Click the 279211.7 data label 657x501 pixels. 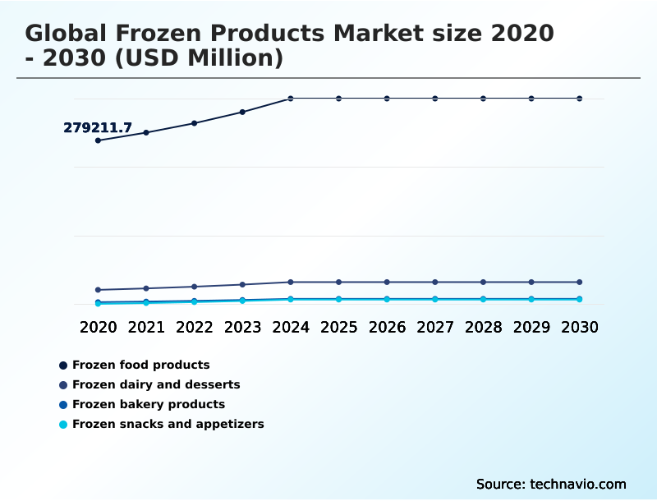coord(98,128)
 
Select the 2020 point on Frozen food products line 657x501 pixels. coord(98,140)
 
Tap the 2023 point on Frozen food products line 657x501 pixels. coord(242,112)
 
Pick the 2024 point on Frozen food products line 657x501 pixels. coord(291,99)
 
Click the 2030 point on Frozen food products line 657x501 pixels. coord(579,99)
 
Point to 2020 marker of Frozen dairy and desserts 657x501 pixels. coord(98,290)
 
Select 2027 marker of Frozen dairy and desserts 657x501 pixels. coord(435,283)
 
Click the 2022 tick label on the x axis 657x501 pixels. coord(195,327)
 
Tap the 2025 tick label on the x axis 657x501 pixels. coord(338,327)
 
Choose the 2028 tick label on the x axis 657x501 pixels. coord(483,327)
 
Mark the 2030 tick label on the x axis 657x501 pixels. coord(579,327)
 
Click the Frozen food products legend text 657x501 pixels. coord(140,365)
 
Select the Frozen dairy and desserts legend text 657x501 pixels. coord(156,384)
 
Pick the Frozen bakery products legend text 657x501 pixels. coord(148,404)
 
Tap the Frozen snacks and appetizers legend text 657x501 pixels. coord(168,424)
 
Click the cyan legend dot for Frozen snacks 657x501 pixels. coord(63,425)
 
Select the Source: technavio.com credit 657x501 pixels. coord(551,484)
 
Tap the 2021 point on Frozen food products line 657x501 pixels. coord(146,132)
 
